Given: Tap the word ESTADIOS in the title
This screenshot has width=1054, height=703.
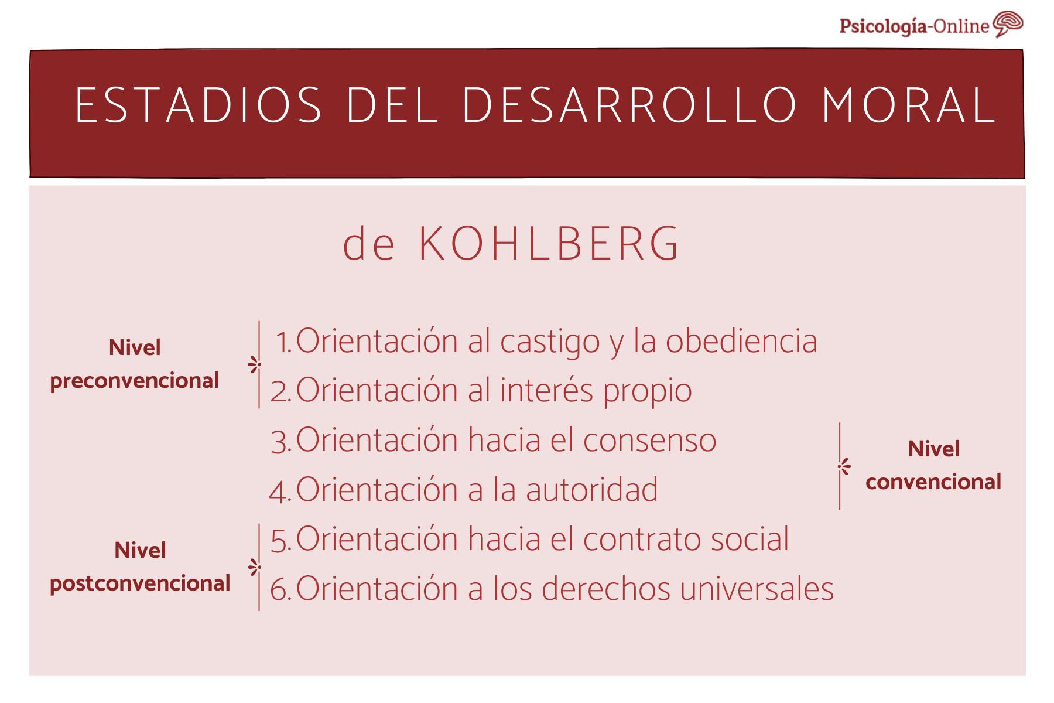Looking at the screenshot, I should [199, 106].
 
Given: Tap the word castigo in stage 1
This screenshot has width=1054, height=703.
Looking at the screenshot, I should [550, 342].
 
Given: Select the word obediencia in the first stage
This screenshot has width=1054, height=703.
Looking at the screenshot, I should [741, 341].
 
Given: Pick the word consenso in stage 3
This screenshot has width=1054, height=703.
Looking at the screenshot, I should [649, 440].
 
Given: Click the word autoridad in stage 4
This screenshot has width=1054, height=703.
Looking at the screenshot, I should [591, 490].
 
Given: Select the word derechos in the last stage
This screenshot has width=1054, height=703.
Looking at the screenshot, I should [605, 589].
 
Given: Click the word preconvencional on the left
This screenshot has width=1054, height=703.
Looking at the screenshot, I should [135, 381].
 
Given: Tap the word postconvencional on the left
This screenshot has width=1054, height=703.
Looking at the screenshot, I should [140, 583].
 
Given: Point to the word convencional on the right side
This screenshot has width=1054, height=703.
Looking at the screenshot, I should [933, 482].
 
